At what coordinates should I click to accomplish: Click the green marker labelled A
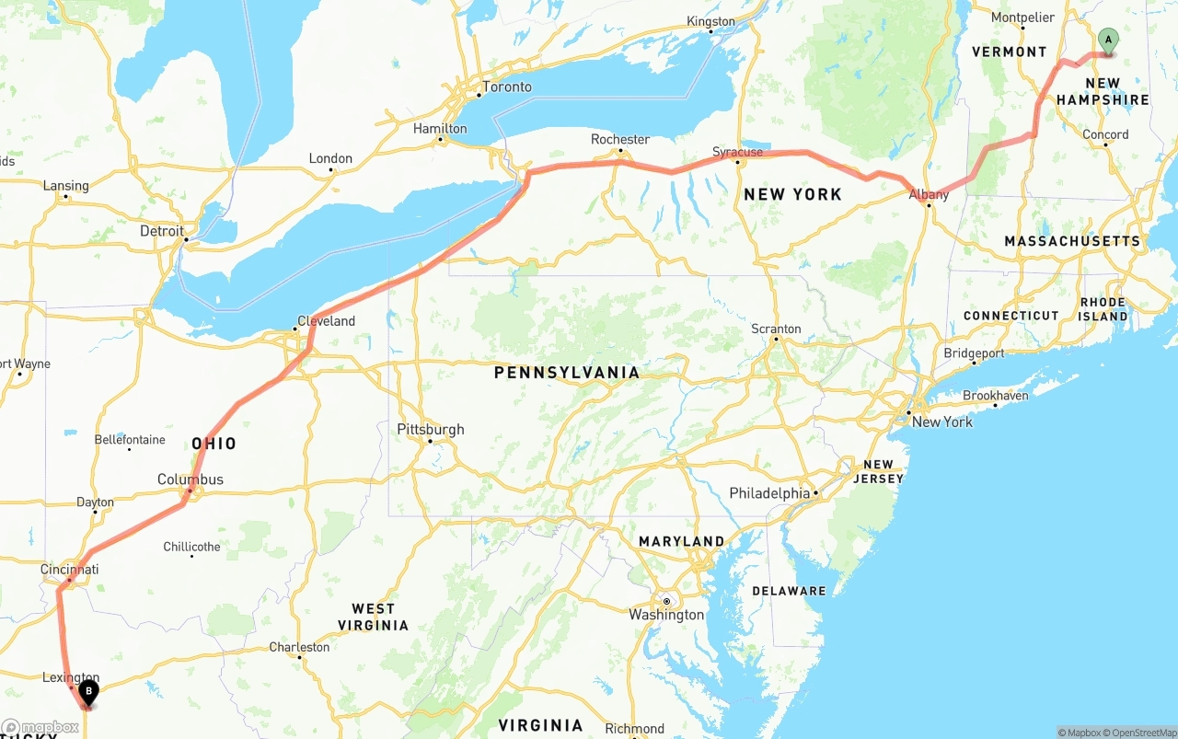(1108, 40)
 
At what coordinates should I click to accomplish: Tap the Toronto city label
(507, 87)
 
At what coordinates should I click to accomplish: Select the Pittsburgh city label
(431, 429)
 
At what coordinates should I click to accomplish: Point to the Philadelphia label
(769, 493)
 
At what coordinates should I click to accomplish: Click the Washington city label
(666, 615)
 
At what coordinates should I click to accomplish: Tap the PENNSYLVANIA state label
(566, 373)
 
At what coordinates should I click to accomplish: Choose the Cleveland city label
(326, 321)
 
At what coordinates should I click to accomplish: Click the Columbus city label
(191, 479)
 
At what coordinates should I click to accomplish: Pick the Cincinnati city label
(69, 570)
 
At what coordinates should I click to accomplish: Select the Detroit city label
(162, 231)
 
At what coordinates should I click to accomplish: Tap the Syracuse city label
(737, 152)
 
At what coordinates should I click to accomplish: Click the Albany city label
(929, 194)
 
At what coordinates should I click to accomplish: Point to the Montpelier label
(1022, 17)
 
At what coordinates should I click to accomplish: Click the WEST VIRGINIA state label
(373, 617)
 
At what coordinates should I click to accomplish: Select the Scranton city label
(776, 329)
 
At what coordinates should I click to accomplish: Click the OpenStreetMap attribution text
(1139, 733)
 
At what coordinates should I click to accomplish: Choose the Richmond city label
(635, 729)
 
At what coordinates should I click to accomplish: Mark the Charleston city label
(299, 647)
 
